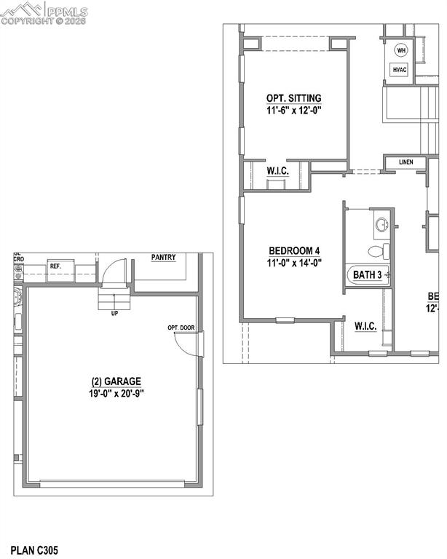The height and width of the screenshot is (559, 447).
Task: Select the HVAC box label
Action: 400,70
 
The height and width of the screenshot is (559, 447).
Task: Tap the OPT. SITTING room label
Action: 293,98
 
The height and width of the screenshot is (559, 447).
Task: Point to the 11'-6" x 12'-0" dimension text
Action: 293,111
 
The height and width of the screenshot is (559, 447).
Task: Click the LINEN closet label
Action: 406,162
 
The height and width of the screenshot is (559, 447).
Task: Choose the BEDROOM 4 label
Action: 295,250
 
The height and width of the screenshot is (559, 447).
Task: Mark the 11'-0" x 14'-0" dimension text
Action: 295,263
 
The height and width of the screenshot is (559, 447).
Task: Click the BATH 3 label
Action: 368,275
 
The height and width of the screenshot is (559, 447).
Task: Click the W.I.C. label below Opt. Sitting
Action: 277,170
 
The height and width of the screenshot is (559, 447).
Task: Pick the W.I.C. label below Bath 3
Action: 365,326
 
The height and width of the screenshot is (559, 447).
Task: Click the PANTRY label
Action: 164,258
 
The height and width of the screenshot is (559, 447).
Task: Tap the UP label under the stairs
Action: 114,314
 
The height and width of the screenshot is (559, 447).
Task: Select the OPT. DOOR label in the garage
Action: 181,328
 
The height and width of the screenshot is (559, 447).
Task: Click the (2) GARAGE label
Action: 116,381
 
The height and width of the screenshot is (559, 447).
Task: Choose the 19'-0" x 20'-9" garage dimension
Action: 116,394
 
